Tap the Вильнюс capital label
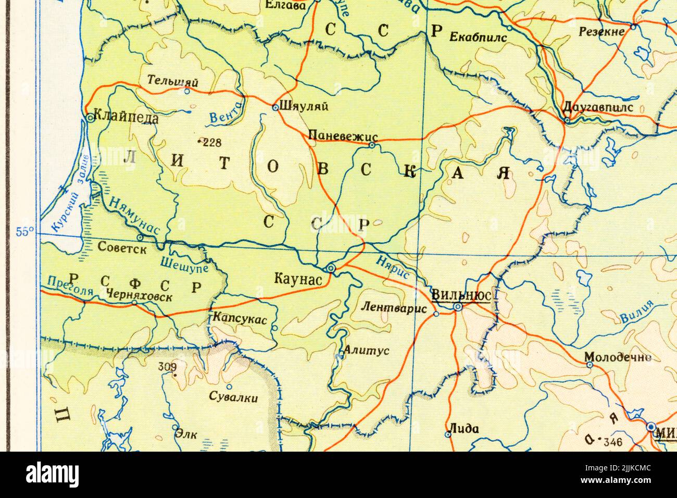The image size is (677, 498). pyautogui.click(x=461, y=295)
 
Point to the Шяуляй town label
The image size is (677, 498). pyautogui.click(x=304, y=106)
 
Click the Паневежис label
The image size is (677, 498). pyautogui.click(x=338, y=135)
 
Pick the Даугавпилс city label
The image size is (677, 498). pyautogui.click(x=598, y=107)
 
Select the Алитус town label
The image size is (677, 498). pyautogui.click(x=367, y=351)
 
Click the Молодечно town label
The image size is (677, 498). pyautogui.click(x=618, y=357)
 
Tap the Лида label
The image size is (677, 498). pyautogui.click(x=464, y=429)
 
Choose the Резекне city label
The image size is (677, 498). pyautogui.click(x=601, y=32)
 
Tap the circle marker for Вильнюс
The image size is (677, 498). pyautogui.click(x=458, y=307)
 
